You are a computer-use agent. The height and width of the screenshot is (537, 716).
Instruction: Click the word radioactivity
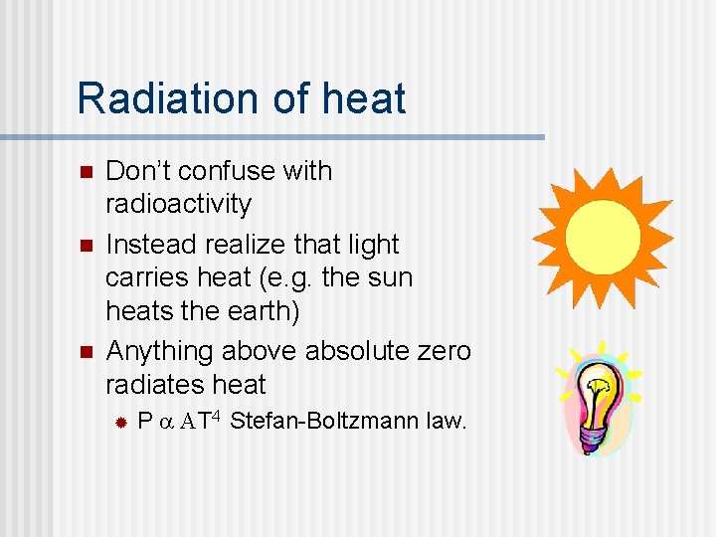click(178, 204)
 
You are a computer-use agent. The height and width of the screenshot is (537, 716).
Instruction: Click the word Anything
click(160, 352)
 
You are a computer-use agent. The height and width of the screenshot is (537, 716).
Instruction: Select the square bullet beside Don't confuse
click(85, 172)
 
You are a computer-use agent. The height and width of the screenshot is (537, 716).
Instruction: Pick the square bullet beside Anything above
click(85, 352)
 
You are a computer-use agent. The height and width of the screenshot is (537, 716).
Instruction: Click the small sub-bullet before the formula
click(118, 423)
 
